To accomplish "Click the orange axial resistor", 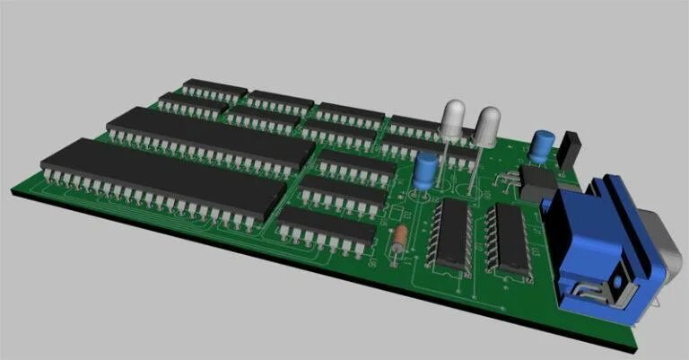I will (400, 238).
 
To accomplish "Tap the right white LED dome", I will (486, 126).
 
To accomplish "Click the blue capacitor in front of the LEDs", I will (426, 170).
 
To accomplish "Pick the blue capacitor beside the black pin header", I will (541, 146).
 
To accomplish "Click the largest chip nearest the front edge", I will (161, 178).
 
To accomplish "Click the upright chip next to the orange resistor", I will (452, 233).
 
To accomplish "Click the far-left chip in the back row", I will (214, 87).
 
